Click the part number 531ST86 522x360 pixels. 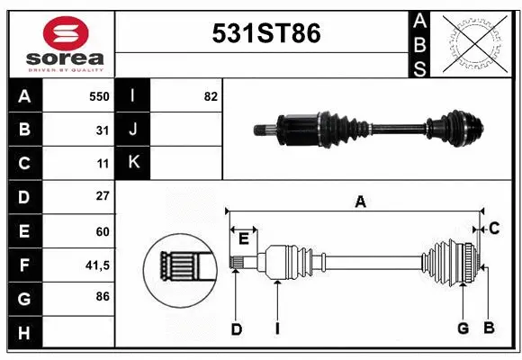tap(265, 34)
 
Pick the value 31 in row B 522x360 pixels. tap(103, 130)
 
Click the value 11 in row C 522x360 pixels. tap(103, 164)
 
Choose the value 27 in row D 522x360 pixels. tap(103, 196)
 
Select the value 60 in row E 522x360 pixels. tap(103, 230)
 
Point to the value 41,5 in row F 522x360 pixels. tap(97, 265)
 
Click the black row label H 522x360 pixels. tap(23, 332)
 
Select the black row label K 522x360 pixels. tap(134, 164)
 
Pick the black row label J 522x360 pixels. tap(134, 130)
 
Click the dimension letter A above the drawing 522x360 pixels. tap(360, 202)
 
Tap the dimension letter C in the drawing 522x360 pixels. tap(494, 229)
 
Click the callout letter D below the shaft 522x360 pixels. tap(236, 329)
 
